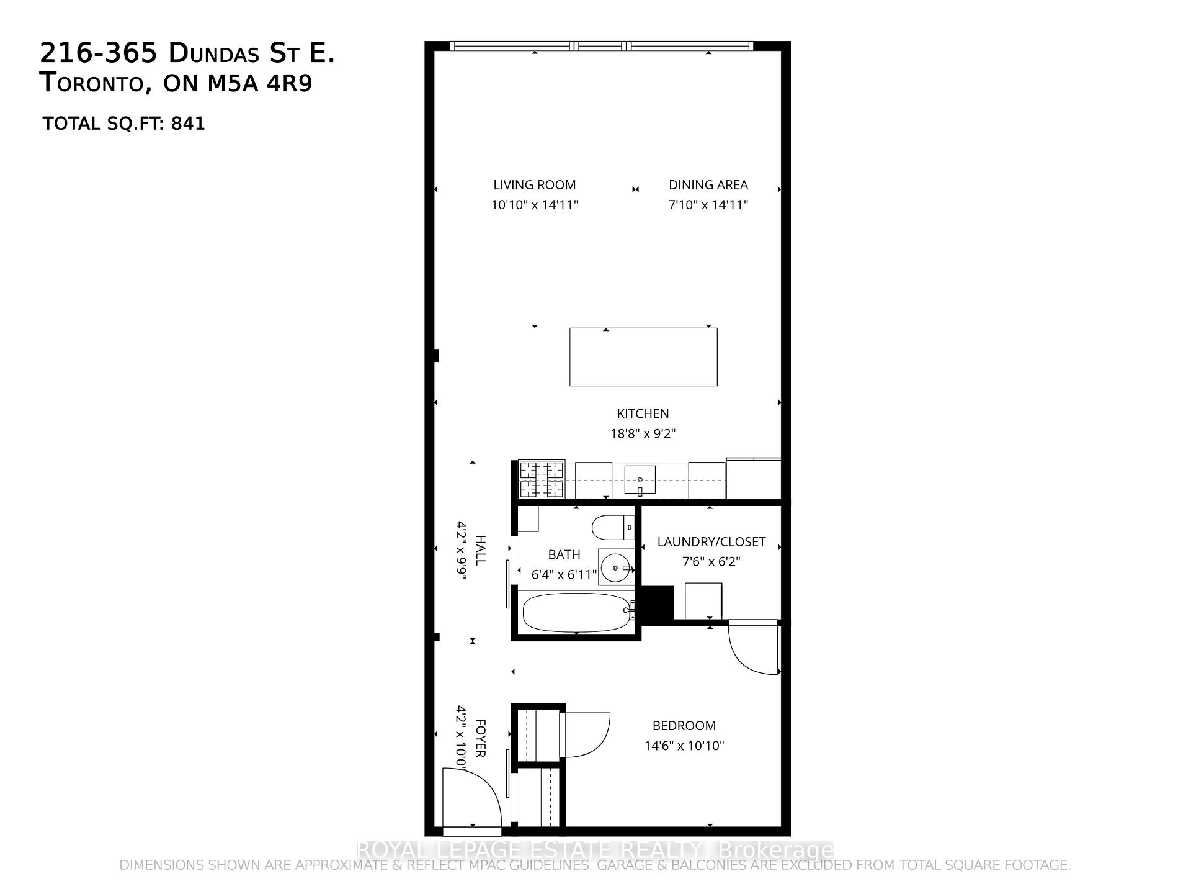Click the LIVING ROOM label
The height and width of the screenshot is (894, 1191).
point(534,185)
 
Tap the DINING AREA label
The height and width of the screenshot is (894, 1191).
point(708,185)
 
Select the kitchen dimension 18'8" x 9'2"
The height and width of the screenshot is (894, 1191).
point(643,433)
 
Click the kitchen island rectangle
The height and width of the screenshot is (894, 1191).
point(643,357)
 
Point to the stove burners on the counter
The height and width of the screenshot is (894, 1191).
point(542,479)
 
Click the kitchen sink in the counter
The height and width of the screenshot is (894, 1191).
point(640,480)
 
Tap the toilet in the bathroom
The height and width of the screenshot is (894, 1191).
point(612,528)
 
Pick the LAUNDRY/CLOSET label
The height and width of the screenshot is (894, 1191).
point(711,542)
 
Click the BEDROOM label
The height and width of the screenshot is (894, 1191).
point(684,726)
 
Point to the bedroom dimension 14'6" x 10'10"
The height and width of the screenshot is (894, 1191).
point(684,746)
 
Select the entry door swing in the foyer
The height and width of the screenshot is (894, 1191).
point(471,798)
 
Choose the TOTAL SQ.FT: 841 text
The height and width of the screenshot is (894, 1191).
point(123,124)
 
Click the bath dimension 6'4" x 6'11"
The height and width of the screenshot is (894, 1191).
point(564,575)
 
